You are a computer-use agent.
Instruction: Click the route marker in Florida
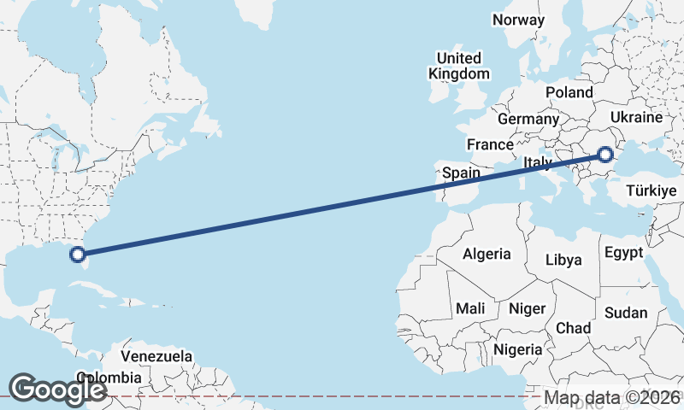coord(78,254)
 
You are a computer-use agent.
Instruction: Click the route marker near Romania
coord(605,155)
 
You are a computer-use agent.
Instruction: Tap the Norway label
coord(518,20)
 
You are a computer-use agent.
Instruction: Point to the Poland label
coord(569,92)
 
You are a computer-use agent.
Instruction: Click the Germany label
coord(528,119)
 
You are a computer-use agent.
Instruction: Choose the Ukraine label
coord(637,117)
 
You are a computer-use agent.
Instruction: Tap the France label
coord(490,144)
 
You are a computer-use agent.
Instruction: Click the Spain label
coord(462,173)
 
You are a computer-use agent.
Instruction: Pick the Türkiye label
coord(652,190)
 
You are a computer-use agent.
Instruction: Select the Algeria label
coord(486,254)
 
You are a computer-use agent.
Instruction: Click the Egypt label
coord(622,253)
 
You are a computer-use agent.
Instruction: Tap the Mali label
coord(470,308)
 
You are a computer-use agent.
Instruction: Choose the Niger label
coord(527,308)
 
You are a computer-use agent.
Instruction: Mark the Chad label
coord(573,328)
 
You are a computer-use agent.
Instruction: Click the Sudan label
coord(626,313)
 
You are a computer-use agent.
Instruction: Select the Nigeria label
coord(517,349)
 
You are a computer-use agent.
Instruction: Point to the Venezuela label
coord(156,356)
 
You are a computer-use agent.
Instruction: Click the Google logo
coord(56,389)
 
